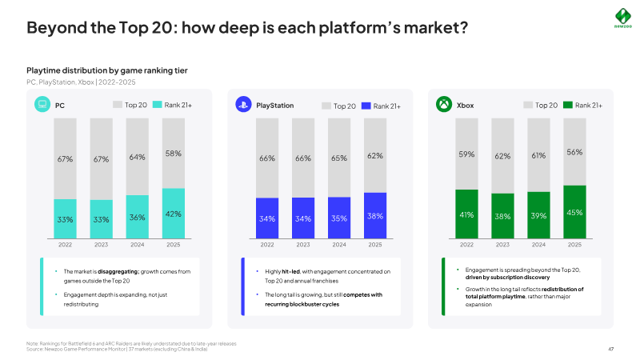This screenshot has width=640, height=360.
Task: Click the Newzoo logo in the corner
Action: pos(623,18)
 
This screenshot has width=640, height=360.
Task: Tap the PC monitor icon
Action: pos(42,105)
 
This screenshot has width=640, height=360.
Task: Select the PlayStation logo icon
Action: pos(243,105)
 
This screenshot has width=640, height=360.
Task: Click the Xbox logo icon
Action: pos(444,105)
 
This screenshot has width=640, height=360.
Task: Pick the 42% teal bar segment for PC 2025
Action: pos(174,214)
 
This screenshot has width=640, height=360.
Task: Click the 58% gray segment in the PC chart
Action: pos(174,154)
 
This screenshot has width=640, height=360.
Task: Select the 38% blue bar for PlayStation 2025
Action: pos(375,215)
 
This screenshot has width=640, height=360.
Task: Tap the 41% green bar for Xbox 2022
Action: pos(466,214)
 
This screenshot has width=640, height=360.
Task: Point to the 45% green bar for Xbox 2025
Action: pos(574,212)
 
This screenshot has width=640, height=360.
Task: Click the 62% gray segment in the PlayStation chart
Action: pos(375,155)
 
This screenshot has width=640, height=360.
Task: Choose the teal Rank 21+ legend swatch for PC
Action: pos(157,105)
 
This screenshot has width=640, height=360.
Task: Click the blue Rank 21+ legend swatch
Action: pos(366,106)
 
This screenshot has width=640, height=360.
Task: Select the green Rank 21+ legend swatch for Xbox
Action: pos(568,105)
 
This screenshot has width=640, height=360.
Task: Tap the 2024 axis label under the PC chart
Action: pos(137,245)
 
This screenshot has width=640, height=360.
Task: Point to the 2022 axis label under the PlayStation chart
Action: pos(267,245)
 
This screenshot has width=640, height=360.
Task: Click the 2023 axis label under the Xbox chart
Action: pos(502,245)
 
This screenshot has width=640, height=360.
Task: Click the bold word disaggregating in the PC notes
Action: pos(118,272)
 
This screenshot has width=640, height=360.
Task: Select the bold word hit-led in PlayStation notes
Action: pos(291,271)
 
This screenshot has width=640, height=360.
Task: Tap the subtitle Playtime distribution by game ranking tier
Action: pos(107,70)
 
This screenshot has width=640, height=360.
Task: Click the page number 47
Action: pos(610,349)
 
